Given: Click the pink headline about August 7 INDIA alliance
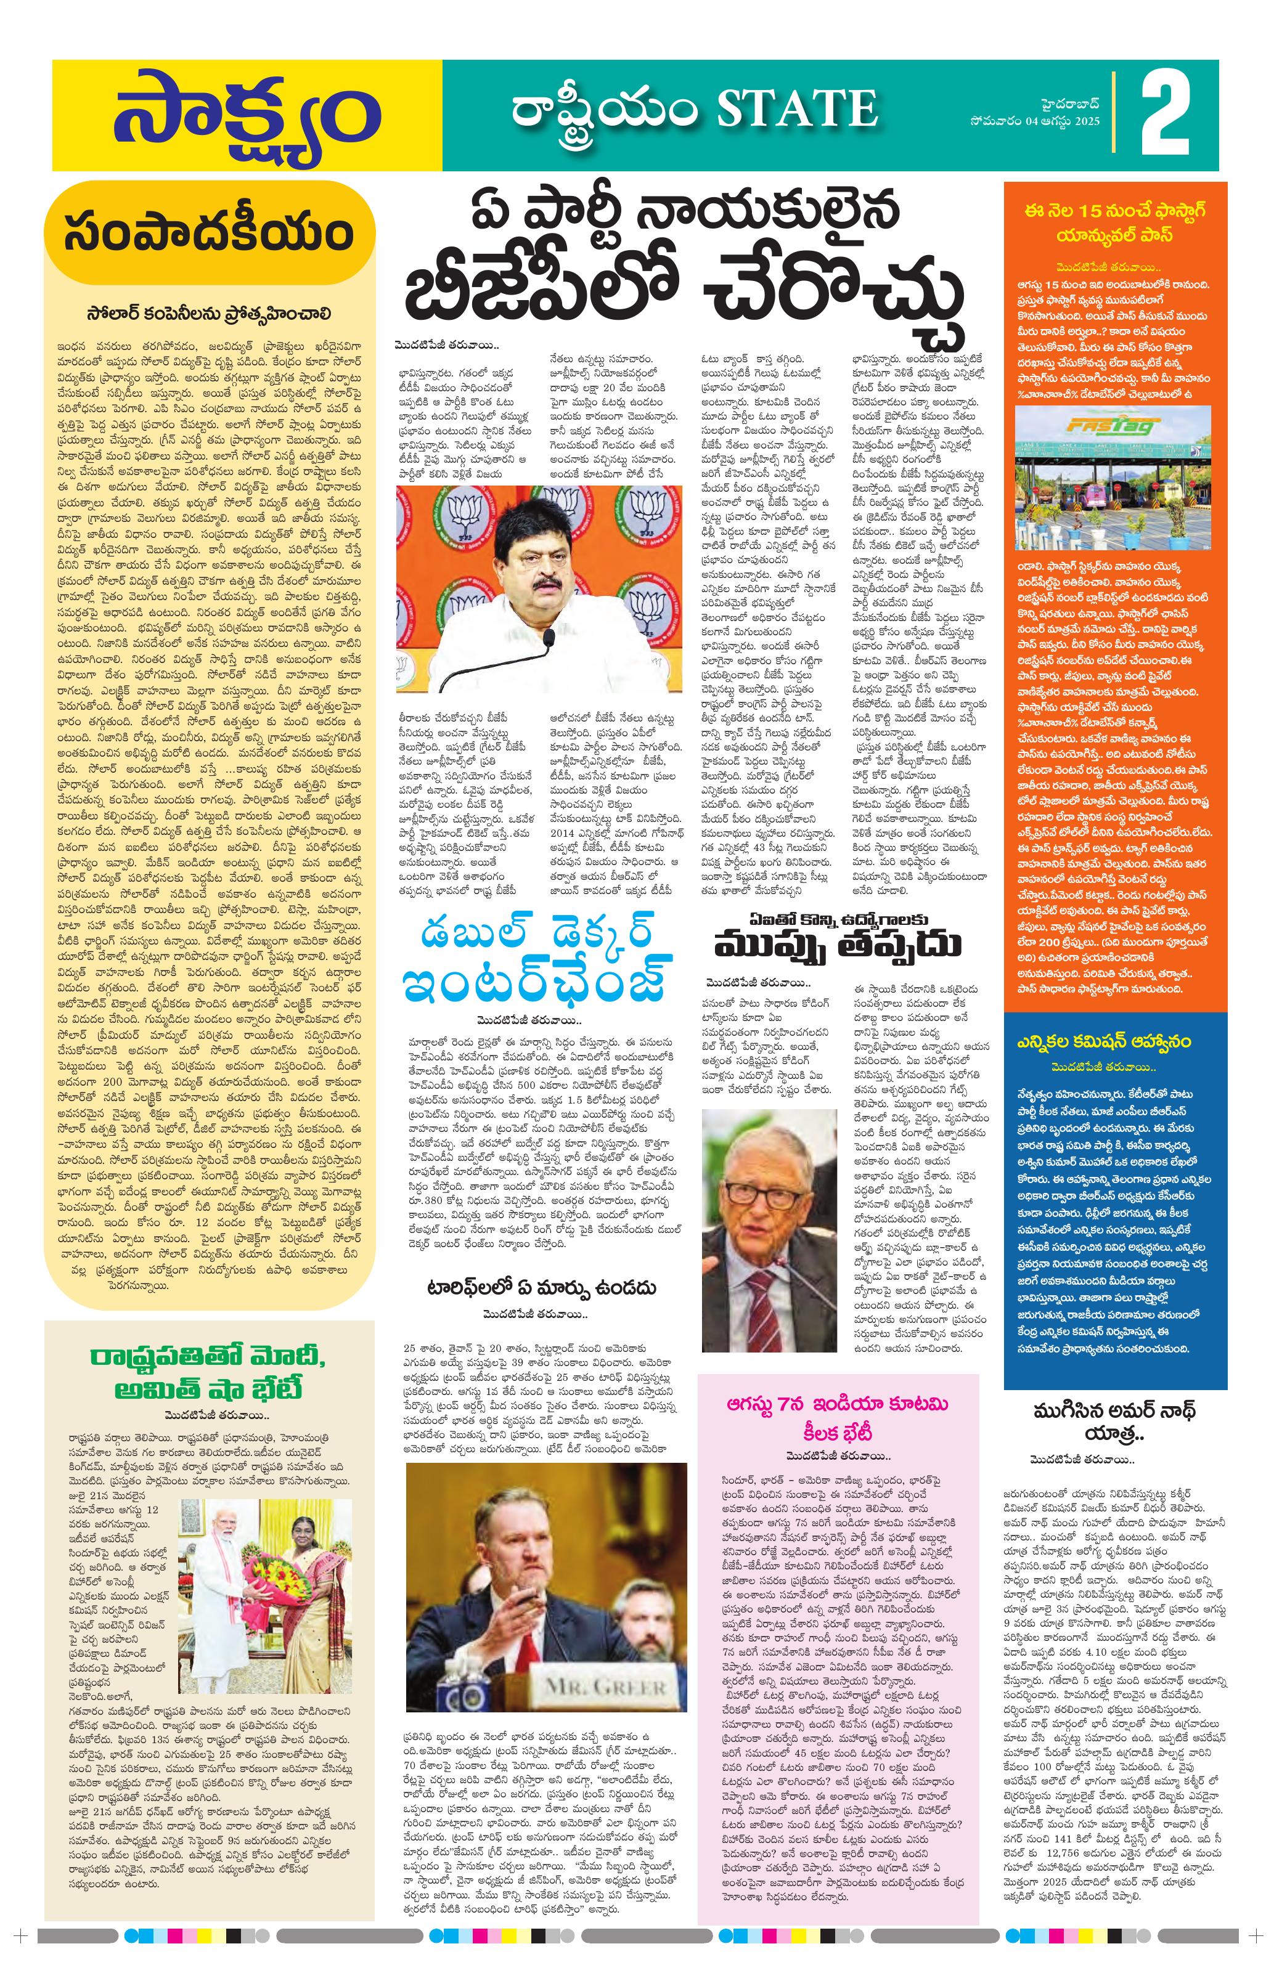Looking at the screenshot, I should pyautogui.click(x=838, y=1416).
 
